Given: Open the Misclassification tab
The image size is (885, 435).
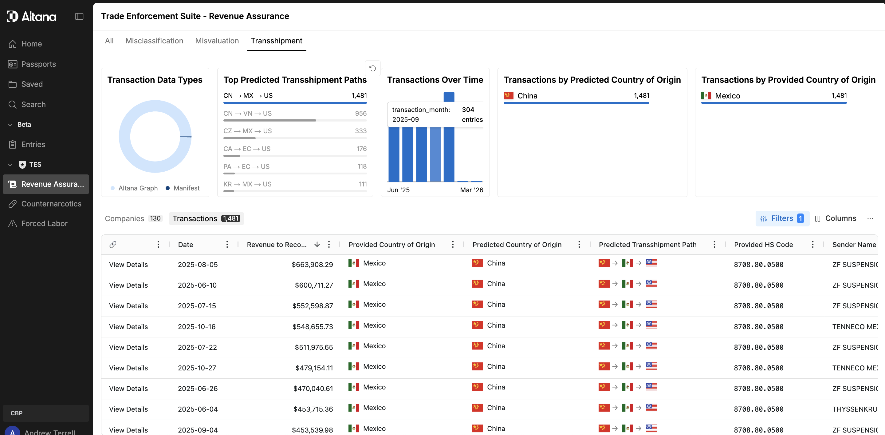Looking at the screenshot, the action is [x=154, y=41].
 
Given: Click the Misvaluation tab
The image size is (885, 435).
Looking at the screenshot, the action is [x=217, y=41].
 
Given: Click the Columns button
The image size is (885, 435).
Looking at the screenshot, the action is [x=836, y=219].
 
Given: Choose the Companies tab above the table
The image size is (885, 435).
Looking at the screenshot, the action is [x=133, y=219].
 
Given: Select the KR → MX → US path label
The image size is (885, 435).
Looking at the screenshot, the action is [x=247, y=184].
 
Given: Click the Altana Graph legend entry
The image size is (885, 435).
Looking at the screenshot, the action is [x=134, y=188].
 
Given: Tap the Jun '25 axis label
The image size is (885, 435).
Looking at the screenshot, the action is [x=399, y=190].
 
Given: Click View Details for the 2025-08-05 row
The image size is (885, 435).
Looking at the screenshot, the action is [x=128, y=265].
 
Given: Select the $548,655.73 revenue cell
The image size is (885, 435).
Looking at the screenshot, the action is [x=313, y=327].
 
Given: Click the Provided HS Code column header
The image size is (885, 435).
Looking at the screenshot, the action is [x=763, y=245].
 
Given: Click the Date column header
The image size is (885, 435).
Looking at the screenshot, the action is [x=186, y=245].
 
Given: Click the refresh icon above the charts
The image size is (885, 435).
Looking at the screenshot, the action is [x=372, y=68].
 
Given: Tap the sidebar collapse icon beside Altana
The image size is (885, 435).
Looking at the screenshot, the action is [x=79, y=16].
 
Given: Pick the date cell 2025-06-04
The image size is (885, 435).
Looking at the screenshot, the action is [x=198, y=409].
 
